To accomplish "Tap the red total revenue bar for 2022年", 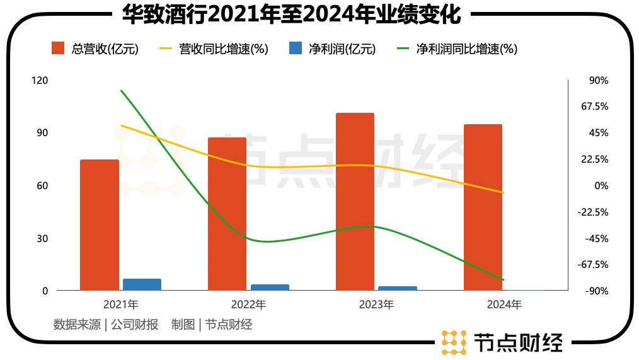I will [227, 214].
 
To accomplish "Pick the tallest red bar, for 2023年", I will [355, 202].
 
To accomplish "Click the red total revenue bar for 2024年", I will [483, 207].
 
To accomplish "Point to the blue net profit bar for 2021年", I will [142, 284].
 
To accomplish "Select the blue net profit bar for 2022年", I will [270, 287].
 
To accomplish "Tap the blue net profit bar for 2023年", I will [398, 288].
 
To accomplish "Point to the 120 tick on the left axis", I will [39, 81].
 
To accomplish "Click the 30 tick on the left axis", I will [42, 238].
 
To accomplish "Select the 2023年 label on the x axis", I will [376, 305].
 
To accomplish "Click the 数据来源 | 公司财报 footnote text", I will [106, 325].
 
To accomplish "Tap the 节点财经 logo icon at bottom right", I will [454, 342].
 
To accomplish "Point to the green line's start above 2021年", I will [121, 91].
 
